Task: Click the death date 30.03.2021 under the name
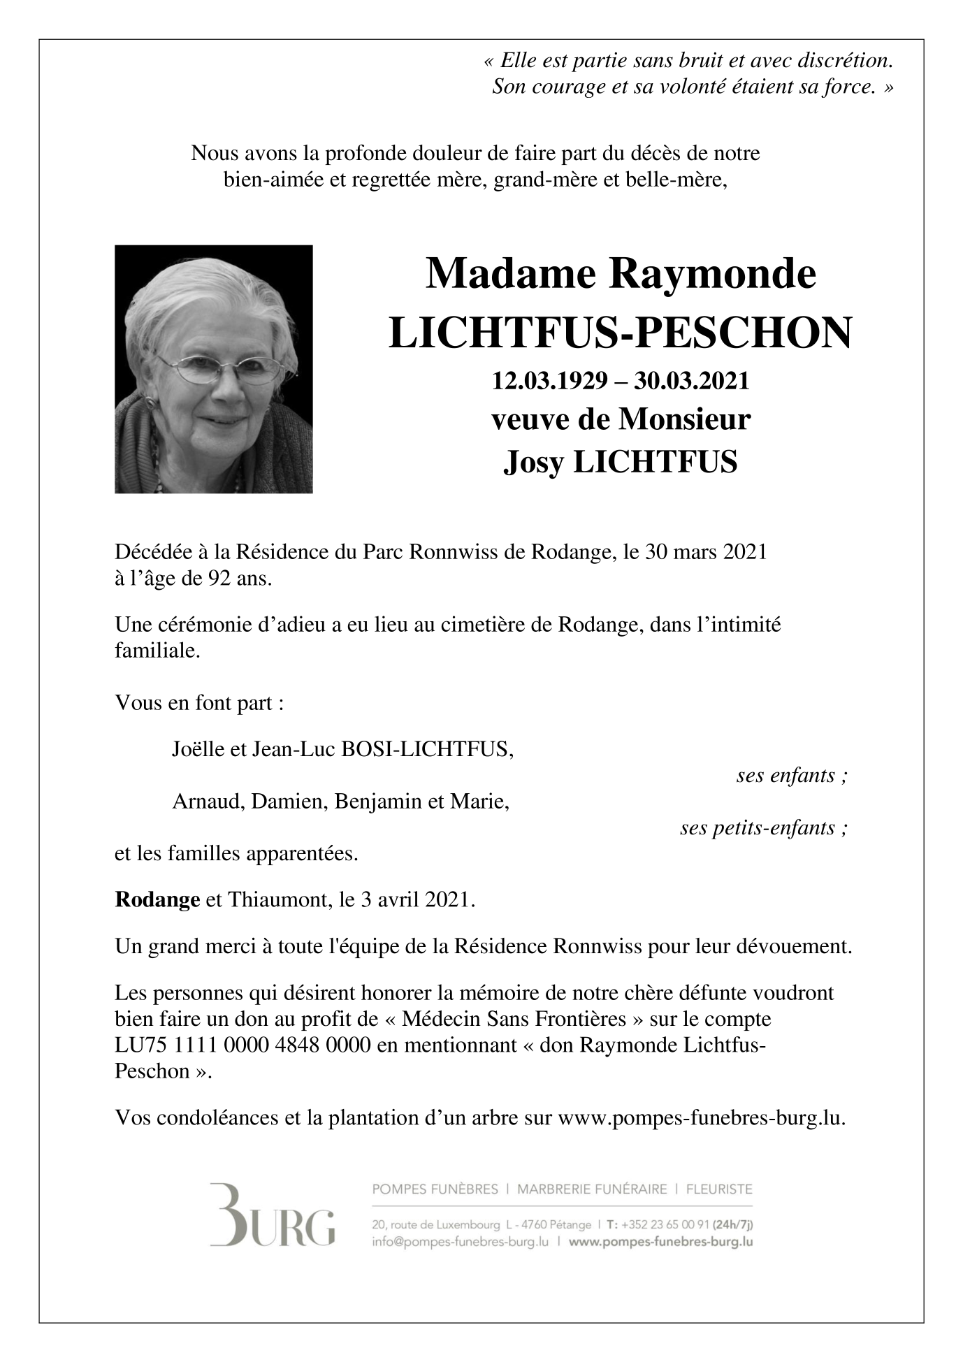[691, 382]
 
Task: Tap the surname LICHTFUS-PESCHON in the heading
[621, 333]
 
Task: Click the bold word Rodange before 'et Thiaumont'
[157, 899]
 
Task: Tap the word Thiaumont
[279, 899]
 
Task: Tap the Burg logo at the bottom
[272, 1215]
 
